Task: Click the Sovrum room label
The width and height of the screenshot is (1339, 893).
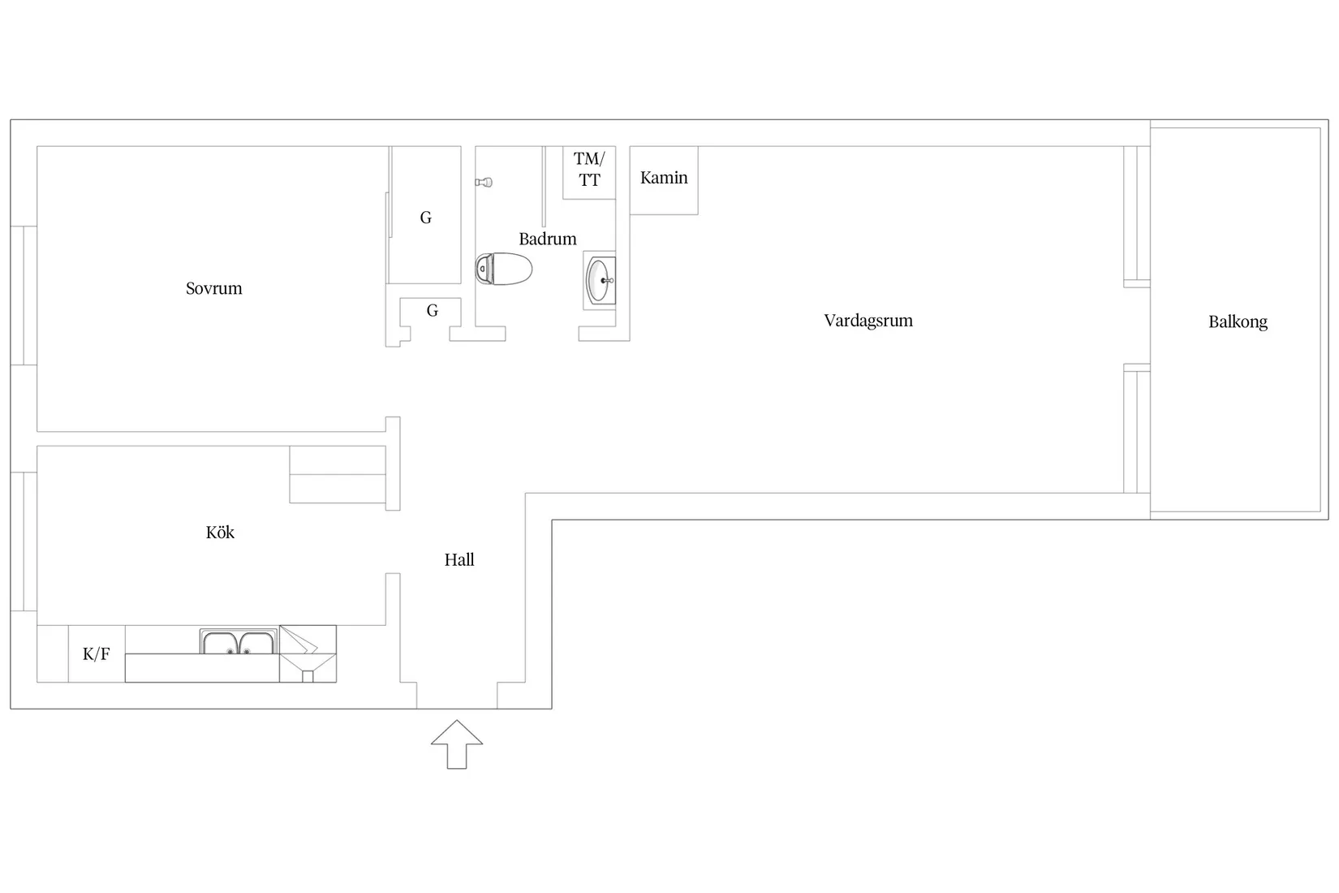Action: point(214,288)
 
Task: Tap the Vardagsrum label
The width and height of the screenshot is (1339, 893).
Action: point(868,321)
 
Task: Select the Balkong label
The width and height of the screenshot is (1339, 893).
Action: point(1238,321)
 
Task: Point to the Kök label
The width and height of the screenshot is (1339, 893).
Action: point(220,533)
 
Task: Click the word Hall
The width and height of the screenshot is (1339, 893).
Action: point(459,560)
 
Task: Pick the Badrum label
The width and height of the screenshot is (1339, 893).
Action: point(548,239)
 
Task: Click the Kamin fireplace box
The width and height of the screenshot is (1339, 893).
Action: point(664,180)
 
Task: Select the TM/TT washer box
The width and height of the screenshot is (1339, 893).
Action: point(589,172)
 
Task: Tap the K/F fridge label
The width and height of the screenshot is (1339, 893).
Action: point(97,654)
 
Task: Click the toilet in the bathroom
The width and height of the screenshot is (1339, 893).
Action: point(503,269)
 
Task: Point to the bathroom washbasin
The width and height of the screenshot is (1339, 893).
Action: point(600,280)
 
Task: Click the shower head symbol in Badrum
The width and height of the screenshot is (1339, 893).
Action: point(484,182)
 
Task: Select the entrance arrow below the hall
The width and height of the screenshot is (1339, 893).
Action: point(457,744)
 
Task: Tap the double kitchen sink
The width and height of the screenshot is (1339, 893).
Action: point(239,641)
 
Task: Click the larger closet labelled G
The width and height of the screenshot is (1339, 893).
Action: point(425,215)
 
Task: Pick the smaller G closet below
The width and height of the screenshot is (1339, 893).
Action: point(431,312)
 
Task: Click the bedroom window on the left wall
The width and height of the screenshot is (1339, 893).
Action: point(24,296)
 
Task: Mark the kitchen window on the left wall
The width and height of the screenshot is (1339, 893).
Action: point(24,542)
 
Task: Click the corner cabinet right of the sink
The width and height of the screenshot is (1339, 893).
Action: point(308,654)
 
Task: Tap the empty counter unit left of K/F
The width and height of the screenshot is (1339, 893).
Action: point(53,654)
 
